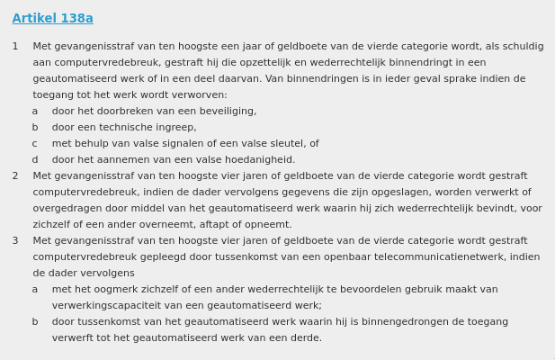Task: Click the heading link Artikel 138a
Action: [52, 19]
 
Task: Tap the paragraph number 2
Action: [15, 176]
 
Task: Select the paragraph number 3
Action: [15, 241]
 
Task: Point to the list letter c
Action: [35, 144]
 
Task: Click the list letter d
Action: [35, 160]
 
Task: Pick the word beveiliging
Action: [225, 112]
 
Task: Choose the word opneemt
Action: [267, 225]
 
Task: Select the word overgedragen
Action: [67, 209]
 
